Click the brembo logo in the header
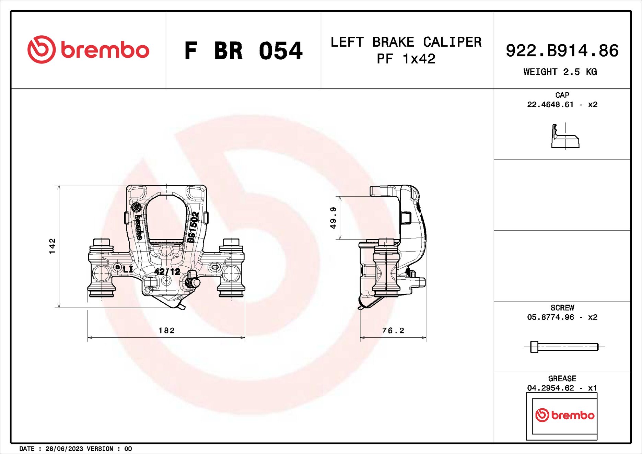pos(88,50)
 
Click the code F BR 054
pos(243,51)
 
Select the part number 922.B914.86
pos(562,51)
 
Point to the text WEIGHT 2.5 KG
pos(560,72)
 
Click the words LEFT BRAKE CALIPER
pos(406,42)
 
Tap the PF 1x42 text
pos(406,59)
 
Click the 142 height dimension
pos(52,246)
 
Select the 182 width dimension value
pos(167,330)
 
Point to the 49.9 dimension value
pos(333,218)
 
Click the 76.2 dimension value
pos(393,330)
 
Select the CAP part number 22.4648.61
pos(550,105)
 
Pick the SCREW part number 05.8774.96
pos(550,317)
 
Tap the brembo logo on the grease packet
pos(564,415)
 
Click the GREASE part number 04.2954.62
pos(550,388)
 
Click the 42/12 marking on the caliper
pos(167,272)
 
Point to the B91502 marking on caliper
pos(193,227)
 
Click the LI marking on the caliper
pos(128,269)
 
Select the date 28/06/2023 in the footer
pos(64,449)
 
